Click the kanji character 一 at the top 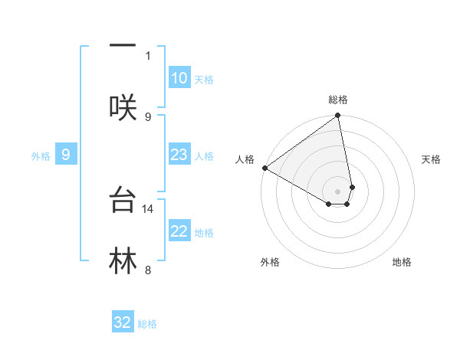pyautogui.click(x=123, y=44)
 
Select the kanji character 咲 pyautogui.click(x=123, y=106)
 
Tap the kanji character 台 pyautogui.click(x=123, y=200)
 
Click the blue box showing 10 pyautogui.click(x=179, y=78)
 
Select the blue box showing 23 pyautogui.click(x=179, y=155)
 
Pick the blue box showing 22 pyautogui.click(x=179, y=231)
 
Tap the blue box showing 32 pyautogui.click(x=123, y=322)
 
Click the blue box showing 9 pyautogui.click(x=66, y=155)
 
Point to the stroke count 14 pyautogui.click(x=149, y=208)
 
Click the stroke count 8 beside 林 pyautogui.click(x=148, y=270)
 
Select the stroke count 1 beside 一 pyautogui.click(x=148, y=55)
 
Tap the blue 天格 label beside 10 pyautogui.click(x=203, y=79)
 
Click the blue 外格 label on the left pyautogui.click(x=41, y=155)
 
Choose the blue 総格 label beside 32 pyautogui.click(x=147, y=324)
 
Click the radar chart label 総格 pyautogui.click(x=338, y=100)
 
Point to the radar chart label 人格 pyautogui.click(x=245, y=159)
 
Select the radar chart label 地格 pyautogui.click(x=402, y=262)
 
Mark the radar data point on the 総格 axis pyautogui.click(x=338, y=116)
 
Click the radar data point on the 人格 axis pyautogui.click(x=264, y=168)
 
